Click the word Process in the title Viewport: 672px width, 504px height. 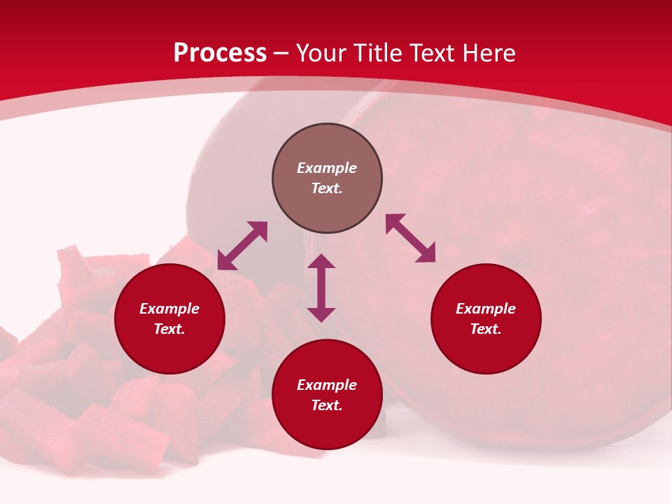pyautogui.click(x=220, y=53)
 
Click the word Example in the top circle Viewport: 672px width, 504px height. pyautogui.click(x=327, y=168)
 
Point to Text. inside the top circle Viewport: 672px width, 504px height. pyautogui.click(x=327, y=188)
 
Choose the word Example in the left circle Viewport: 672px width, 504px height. pyautogui.click(x=169, y=309)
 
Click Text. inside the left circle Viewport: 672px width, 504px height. pyautogui.click(x=169, y=329)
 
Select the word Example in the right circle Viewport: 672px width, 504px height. pyautogui.click(x=486, y=309)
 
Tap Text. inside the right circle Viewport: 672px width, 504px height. pyautogui.click(x=486, y=329)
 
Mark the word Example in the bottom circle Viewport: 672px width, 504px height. pyautogui.click(x=327, y=385)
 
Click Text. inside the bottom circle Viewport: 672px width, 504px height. pyautogui.click(x=327, y=405)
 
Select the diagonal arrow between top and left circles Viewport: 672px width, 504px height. pyautogui.click(x=242, y=246)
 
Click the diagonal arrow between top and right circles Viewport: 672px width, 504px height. pyautogui.click(x=411, y=238)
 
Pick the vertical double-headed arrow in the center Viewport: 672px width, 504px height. pyautogui.click(x=321, y=288)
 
